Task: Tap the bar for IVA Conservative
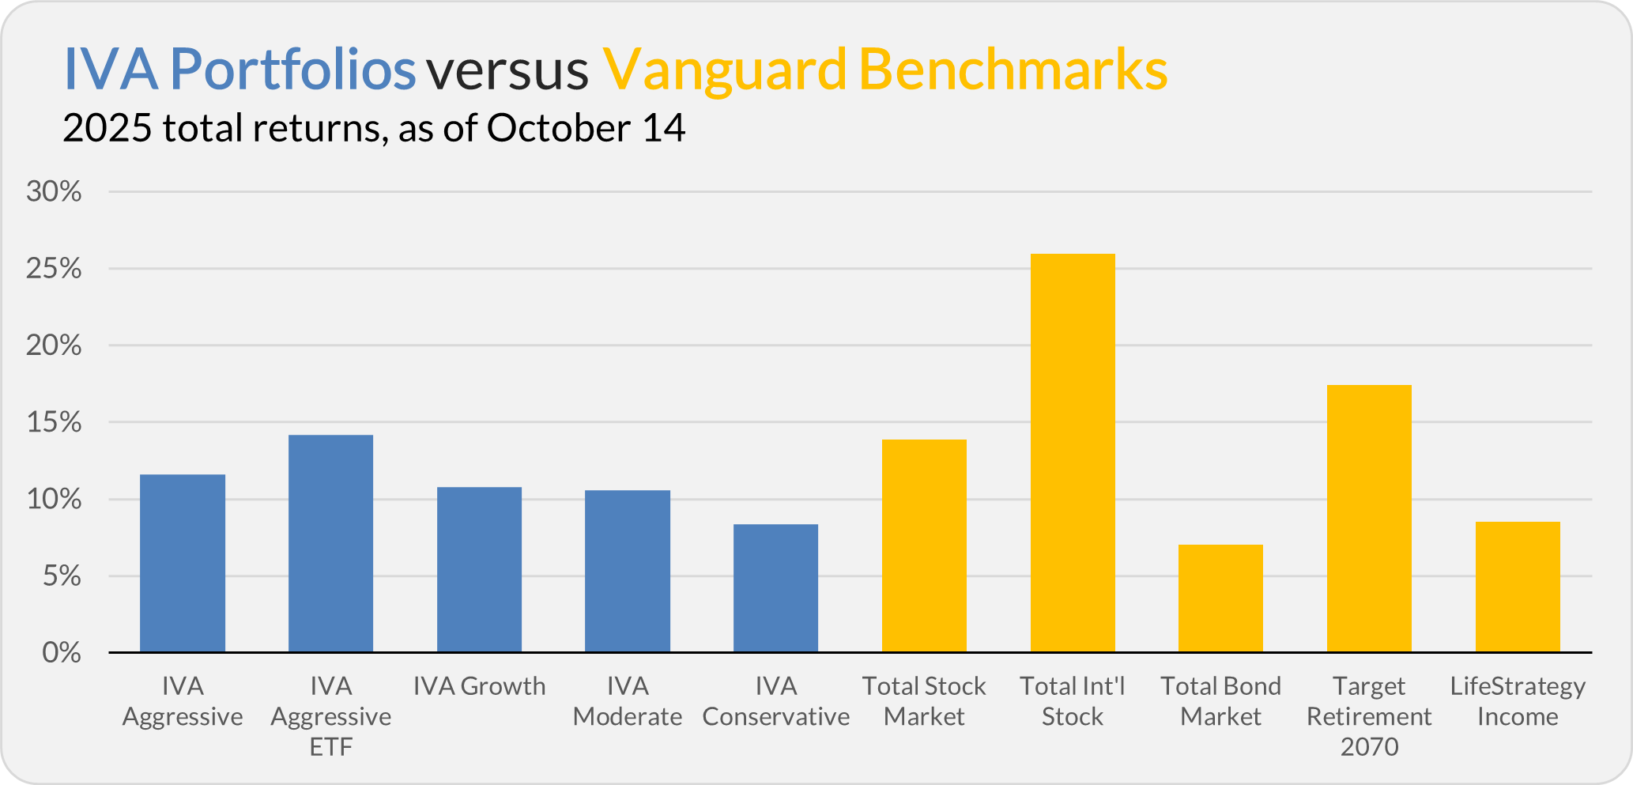775,588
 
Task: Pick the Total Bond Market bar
1220,598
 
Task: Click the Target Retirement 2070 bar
1369,519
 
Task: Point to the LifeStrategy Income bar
1518,587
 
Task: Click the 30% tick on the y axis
54,191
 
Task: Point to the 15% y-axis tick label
54,422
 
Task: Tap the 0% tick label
62,653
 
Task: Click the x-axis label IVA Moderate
628,701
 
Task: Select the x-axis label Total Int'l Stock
1073,701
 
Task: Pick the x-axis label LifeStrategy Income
1518,701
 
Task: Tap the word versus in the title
507,70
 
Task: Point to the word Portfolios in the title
292,69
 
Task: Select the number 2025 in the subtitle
107,128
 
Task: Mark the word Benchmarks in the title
1013,69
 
